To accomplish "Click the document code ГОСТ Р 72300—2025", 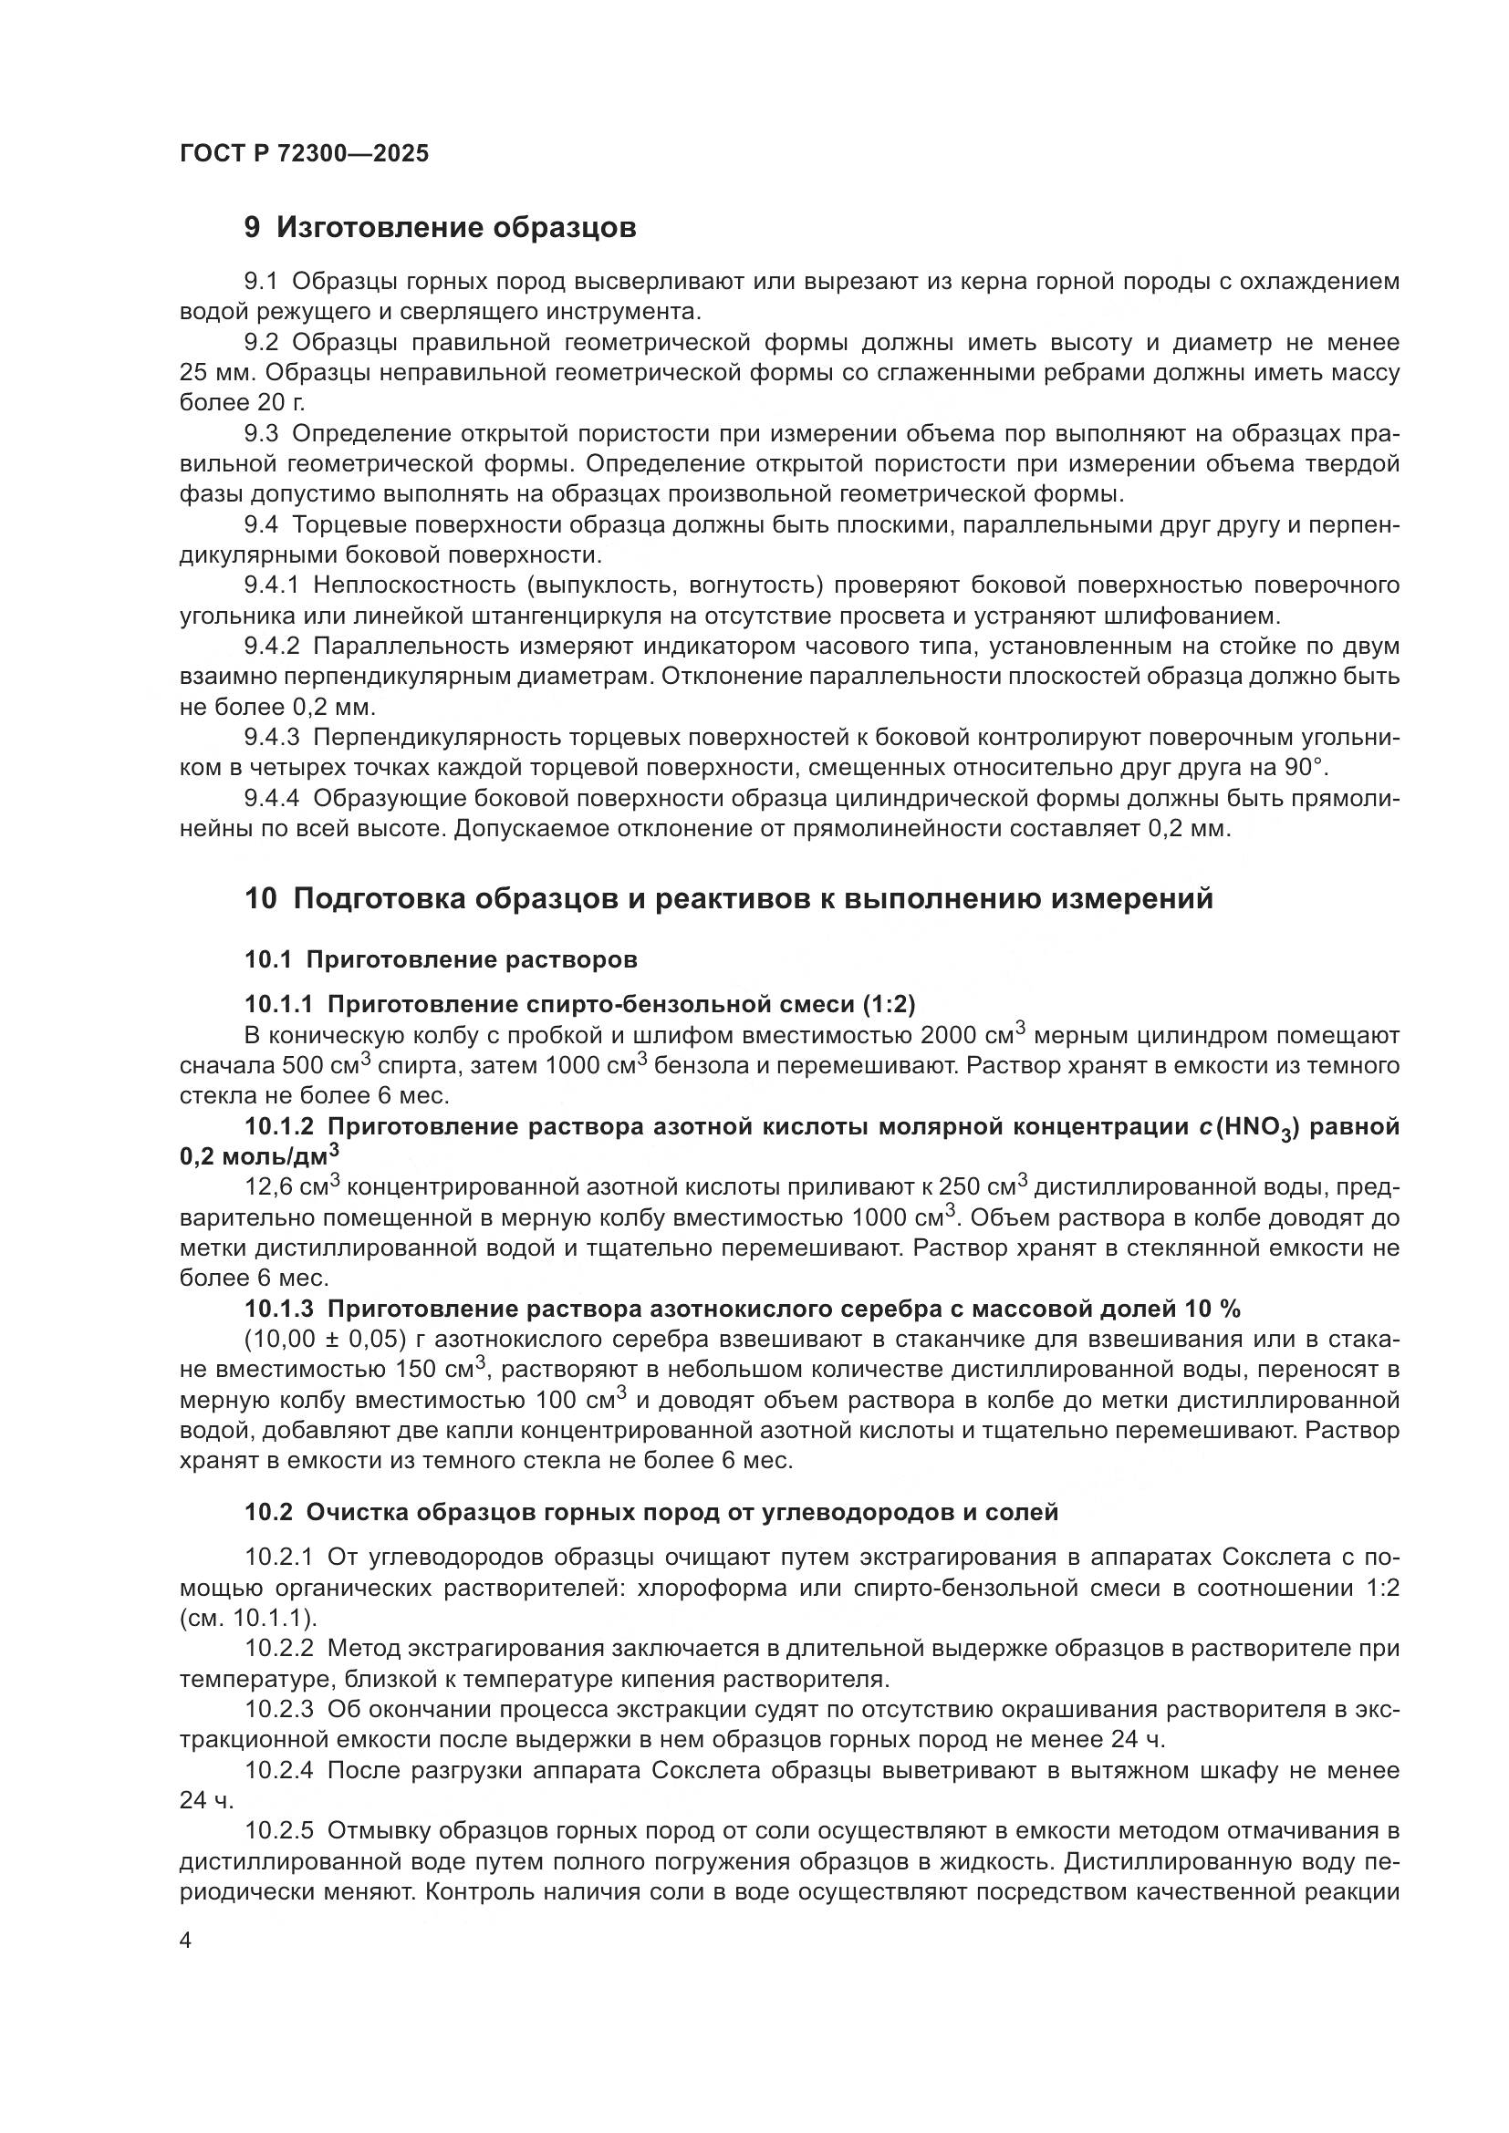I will point(304,153).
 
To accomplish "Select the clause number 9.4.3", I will point(272,738).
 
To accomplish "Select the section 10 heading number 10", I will point(260,899).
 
